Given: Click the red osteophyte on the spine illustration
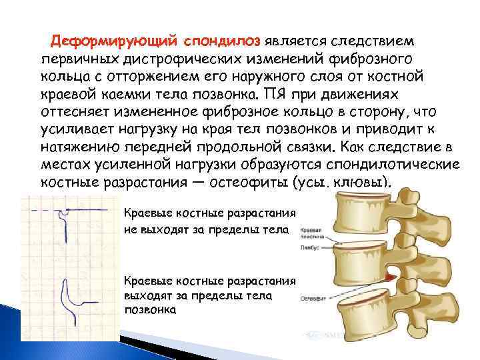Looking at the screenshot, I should pyautogui.click(x=392, y=275).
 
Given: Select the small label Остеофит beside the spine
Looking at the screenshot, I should pyautogui.click(x=311, y=299).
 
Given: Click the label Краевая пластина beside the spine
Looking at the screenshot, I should pyautogui.click(x=311, y=233).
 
